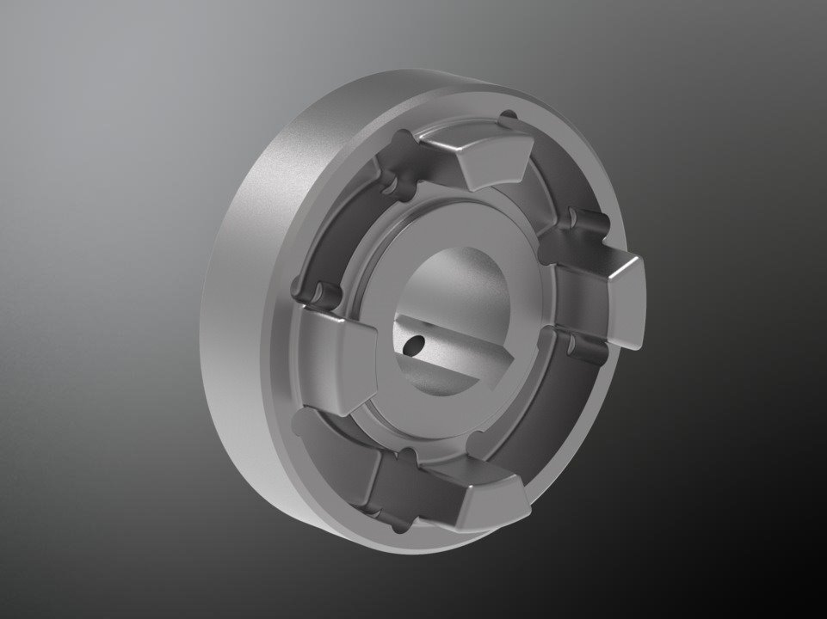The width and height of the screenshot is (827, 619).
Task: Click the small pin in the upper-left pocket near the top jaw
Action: click(x=400, y=140)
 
